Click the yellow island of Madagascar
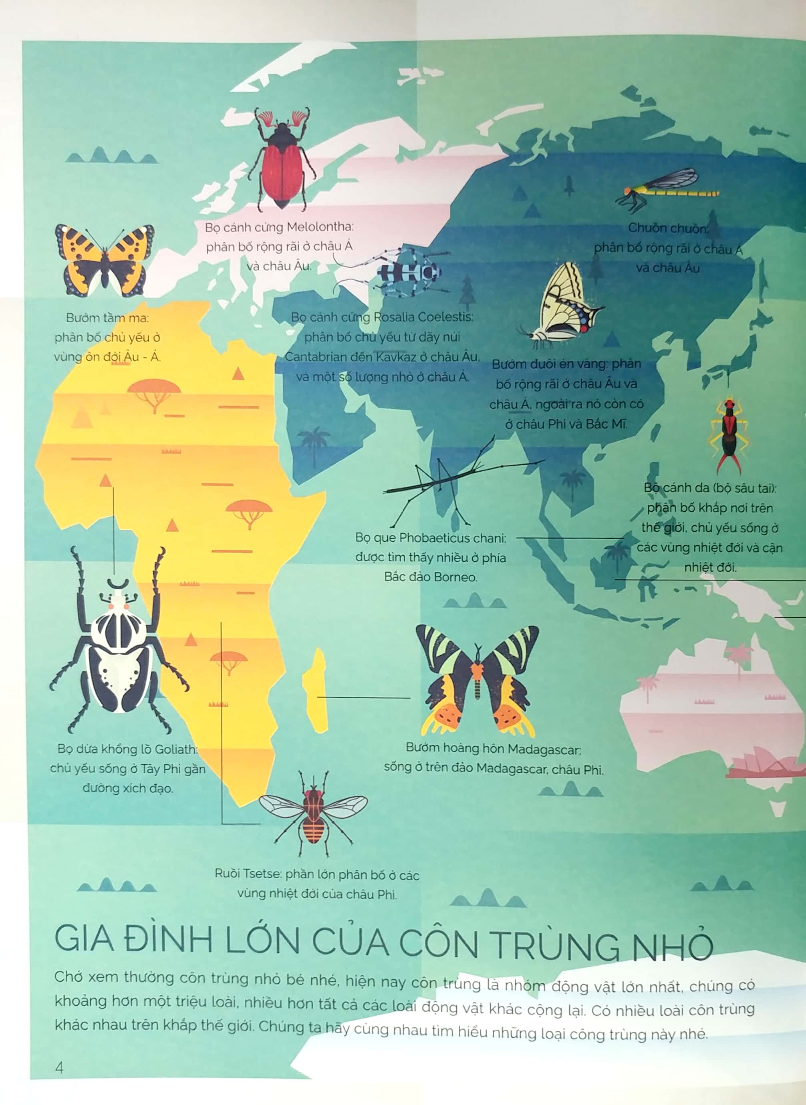point(316,690)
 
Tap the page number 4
point(59,1067)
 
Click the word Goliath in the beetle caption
point(175,749)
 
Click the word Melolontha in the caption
point(320,227)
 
